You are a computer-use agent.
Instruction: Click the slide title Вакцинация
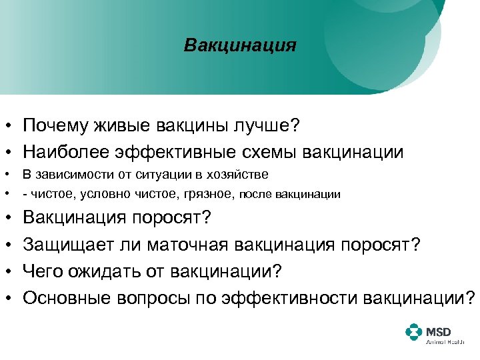pos(240,46)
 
